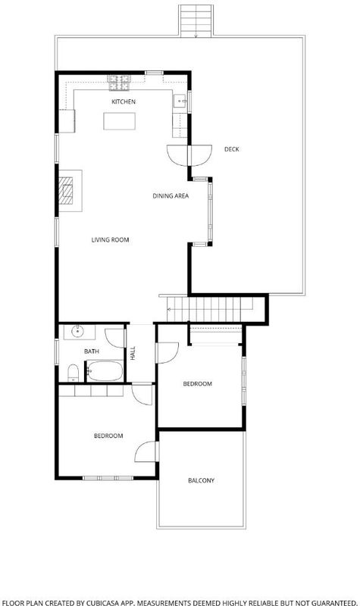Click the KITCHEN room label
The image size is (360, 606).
[x=124, y=102]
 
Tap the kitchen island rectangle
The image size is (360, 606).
[x=120, y=121]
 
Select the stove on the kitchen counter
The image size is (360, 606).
[x=119, y=83]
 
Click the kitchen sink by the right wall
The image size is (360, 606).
[x=180, y=102]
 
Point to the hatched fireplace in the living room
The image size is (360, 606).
[x=66, y=191]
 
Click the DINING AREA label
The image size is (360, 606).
[x=171, y=196]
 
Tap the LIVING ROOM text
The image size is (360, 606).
[x=110, y=239]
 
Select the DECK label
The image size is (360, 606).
[x=232, y=149]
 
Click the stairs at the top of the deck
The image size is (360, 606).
[x=196, y=21]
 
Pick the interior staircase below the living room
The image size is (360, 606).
[x=209, y=309]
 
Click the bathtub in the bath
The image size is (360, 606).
[x=105, y=371]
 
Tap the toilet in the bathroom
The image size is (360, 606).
[x=73, y=373]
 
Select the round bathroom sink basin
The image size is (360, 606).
[x=78, y=331]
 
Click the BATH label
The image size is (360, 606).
[x=92, y=351]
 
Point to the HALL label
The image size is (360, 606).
[x=133, y=353]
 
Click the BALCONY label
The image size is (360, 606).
[x=201, y=480]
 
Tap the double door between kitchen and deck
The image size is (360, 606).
[x=189, y=155]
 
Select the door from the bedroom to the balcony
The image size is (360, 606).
[x=147, y=451]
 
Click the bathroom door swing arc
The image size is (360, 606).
[x=115, y=338]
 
